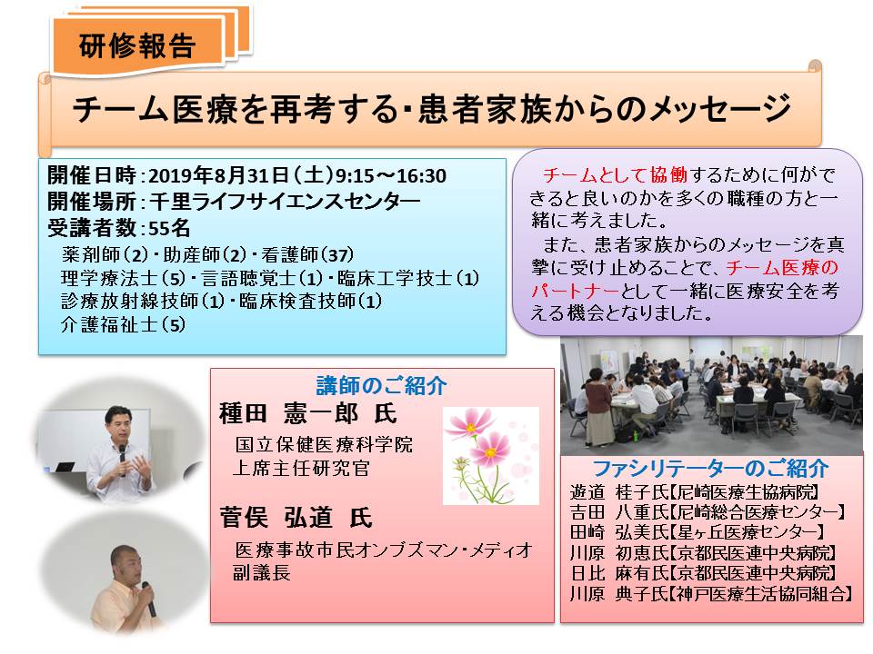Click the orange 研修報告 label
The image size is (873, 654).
[x=137, y=45]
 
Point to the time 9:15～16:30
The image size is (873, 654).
[x=390, y=175]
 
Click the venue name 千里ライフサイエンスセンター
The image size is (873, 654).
[x=285, y=202]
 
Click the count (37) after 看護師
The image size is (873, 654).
[x=338, y=255]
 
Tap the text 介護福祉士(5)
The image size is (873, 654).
[x=123, y=324]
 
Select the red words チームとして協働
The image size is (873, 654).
[x=616, y=175]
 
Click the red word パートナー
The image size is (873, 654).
[x=575, y=291]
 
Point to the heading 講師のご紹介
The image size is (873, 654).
[x=382, y=385]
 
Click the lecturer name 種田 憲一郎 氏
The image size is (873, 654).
[x=308, y=414]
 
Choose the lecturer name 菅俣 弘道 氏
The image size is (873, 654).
[x=296, y=518]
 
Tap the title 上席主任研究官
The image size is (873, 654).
[x=301, y=468]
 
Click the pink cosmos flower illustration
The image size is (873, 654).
[x=490, y=456]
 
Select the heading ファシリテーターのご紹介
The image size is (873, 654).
[x=711, y=469]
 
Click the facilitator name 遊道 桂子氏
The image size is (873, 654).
[x=619, y=492]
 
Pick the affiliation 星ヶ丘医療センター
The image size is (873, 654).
[x=746, y=532]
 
